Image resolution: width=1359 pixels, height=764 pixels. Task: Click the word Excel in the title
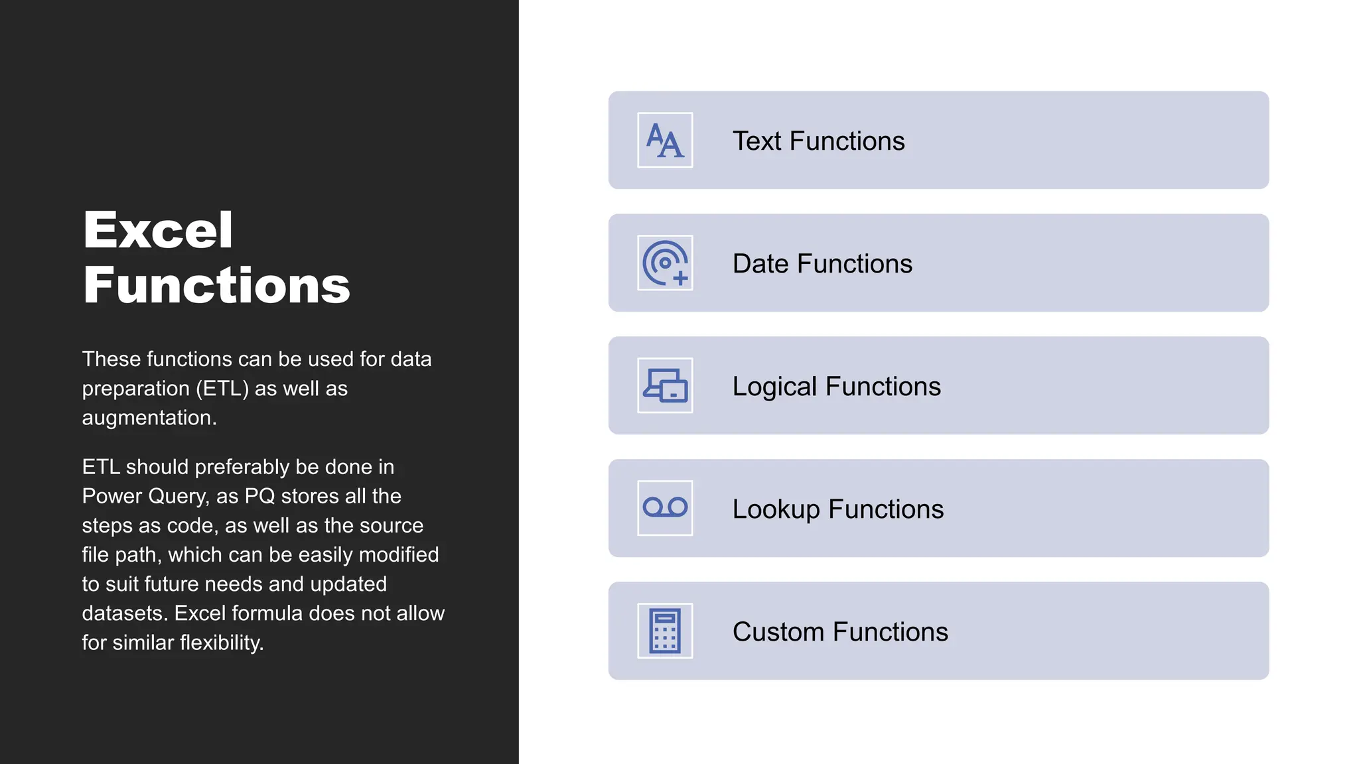coord(158,230)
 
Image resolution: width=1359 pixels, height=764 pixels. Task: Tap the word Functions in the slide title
coord(216,285)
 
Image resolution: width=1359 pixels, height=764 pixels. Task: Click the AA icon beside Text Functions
coord(665,140)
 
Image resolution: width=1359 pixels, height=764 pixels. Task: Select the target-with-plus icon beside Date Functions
coord(665,263)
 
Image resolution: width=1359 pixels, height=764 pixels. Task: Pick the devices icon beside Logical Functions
coord(665,385)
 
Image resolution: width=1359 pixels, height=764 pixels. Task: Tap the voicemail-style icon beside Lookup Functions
coord(665,508)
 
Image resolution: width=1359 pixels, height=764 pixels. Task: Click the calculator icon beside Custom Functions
coord(665,631)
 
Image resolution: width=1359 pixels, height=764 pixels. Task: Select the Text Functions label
coord(818,141)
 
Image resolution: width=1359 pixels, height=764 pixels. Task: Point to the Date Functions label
coord(822,264)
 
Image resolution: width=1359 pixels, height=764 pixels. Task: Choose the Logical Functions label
coord(836,387)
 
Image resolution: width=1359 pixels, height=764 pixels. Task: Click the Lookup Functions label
coord(837,509)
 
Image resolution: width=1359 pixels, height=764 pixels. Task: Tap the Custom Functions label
coord(840,632)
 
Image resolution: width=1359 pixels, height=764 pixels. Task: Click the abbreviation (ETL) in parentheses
coord(222,389)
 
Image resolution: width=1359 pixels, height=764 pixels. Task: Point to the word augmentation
coord(149,418)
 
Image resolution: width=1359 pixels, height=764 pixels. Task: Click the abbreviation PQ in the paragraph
coord(259,496)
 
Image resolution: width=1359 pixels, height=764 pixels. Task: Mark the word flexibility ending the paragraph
coord(222,643)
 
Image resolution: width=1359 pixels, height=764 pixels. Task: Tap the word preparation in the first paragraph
coord(135,389)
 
